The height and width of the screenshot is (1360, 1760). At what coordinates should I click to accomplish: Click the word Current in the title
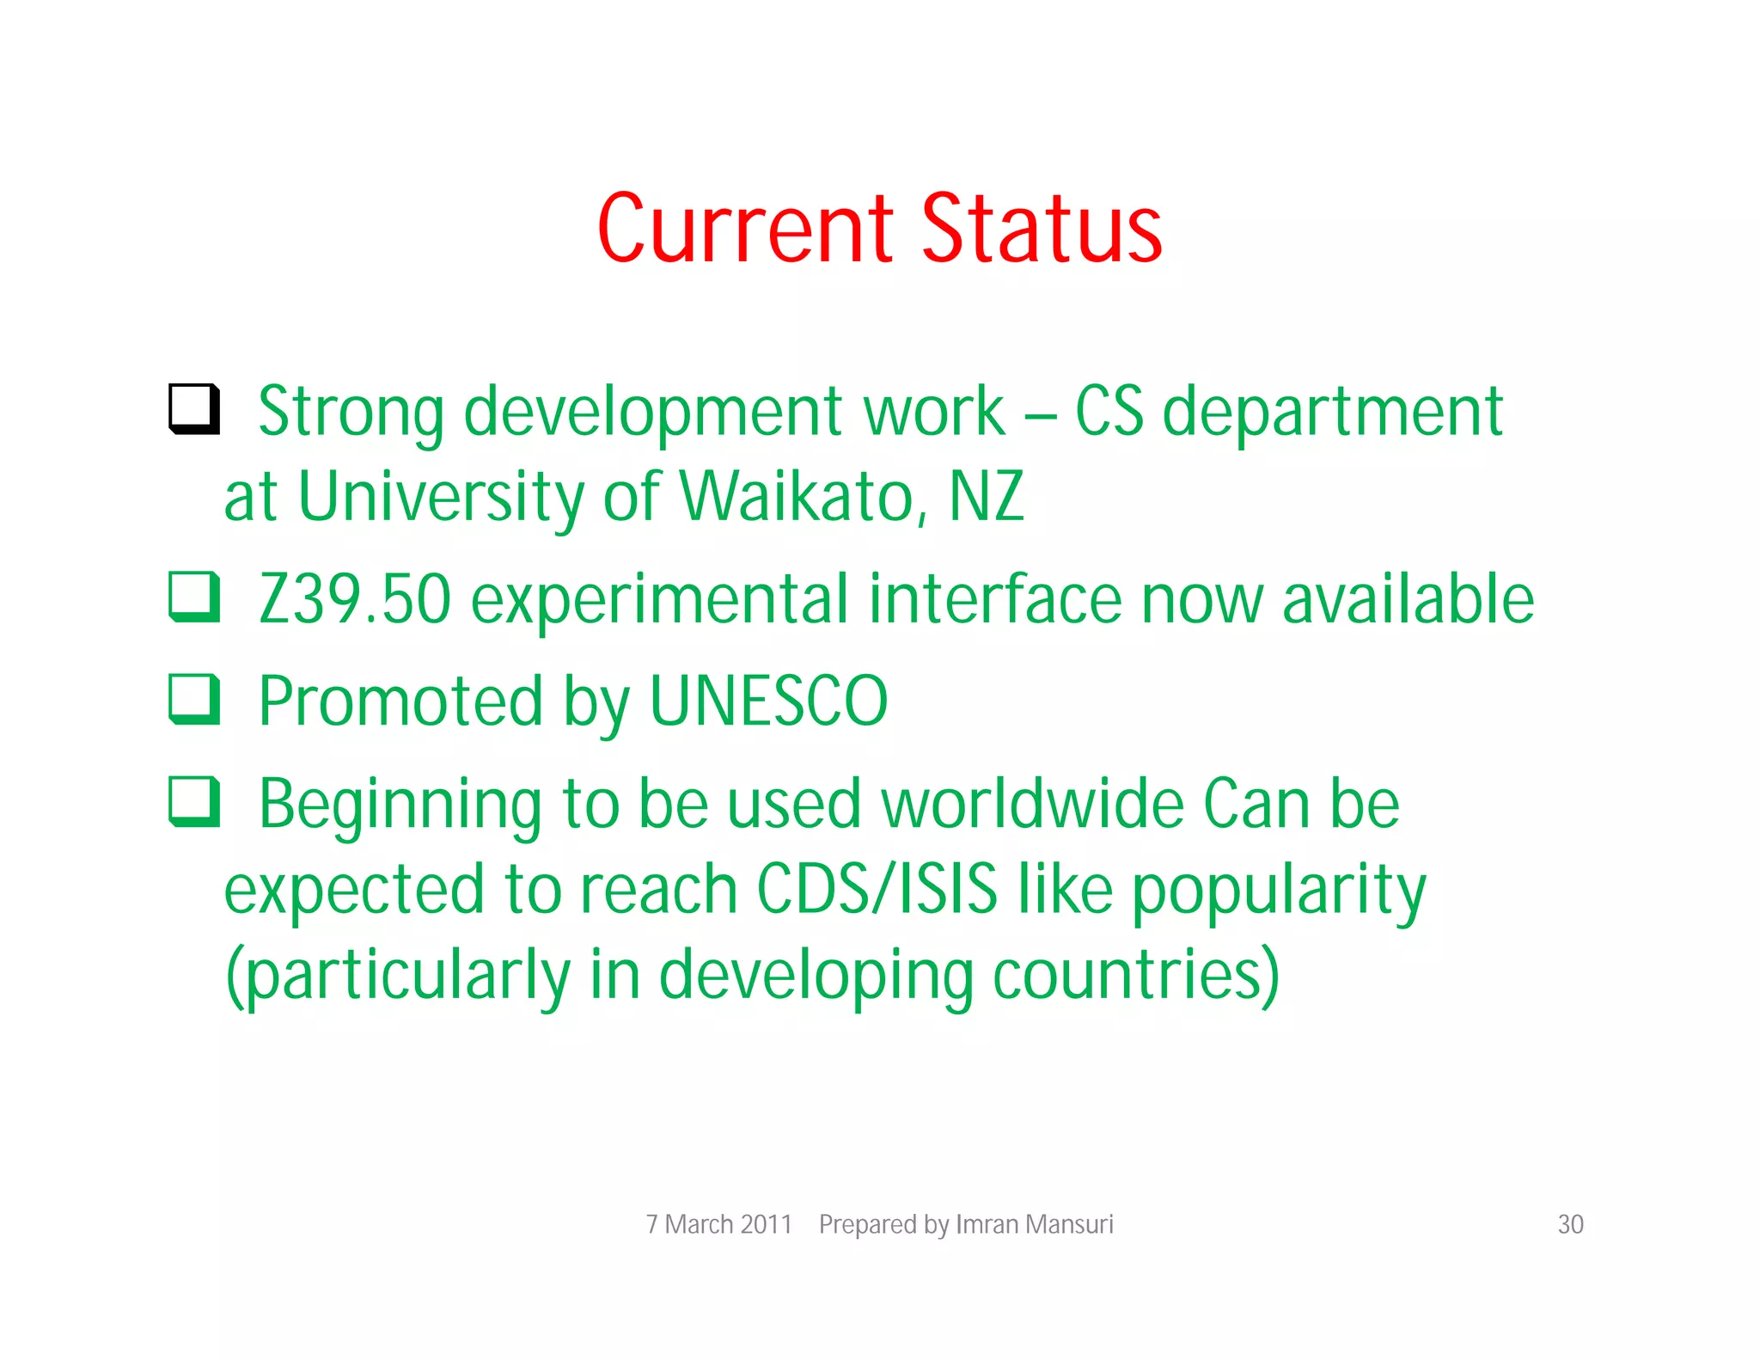(x=746, y=229)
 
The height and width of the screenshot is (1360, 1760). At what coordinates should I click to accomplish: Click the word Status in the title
(x=1042, y=229)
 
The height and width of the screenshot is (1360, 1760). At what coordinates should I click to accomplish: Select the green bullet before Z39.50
(x=194, y=597)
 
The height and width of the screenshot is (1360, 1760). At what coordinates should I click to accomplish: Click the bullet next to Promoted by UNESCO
(x=194, y=699)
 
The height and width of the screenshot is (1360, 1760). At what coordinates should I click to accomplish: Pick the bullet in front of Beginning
(x=194, y=801)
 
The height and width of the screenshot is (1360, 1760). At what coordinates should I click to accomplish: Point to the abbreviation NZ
(x=986, y=497)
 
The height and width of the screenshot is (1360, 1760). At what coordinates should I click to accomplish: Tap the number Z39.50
(x=355, y=599)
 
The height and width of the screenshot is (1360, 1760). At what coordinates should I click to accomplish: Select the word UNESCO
(x=768, y=701)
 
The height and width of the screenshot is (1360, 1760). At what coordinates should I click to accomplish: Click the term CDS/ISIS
(x=877, y=889)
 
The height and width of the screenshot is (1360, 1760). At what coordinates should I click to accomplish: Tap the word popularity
(x=1278, y=891)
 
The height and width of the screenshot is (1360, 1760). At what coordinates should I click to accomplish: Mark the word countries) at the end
(x=1136, y=976)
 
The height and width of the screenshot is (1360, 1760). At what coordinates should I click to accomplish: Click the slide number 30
(x=1570, y=1224)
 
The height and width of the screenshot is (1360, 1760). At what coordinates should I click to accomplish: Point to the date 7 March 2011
(x=718, y=1224)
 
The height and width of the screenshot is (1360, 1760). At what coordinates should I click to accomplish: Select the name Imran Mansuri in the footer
(x=1034, y=1224)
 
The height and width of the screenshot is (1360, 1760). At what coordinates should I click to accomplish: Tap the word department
(x=1332, y=413)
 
